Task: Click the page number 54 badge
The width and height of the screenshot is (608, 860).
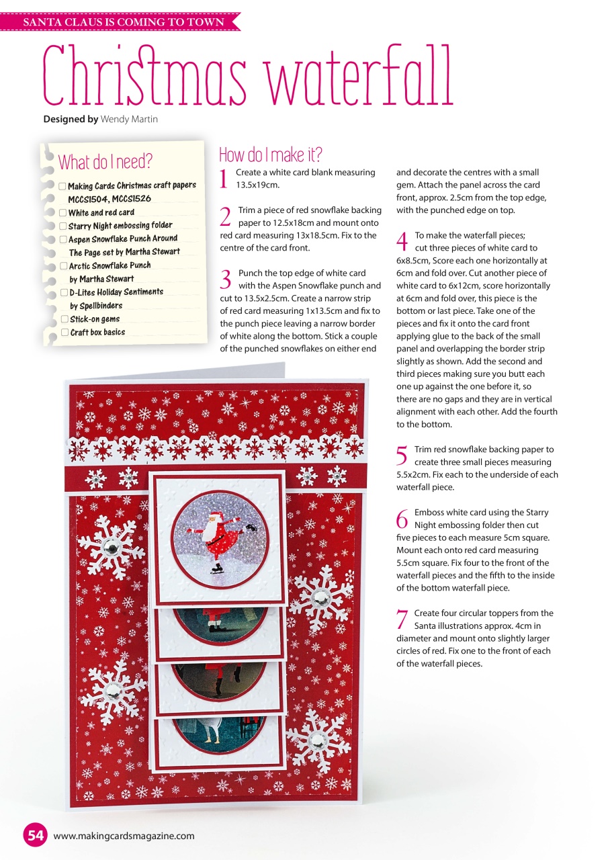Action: (36, 835)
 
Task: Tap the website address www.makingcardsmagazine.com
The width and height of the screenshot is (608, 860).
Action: (124, 836)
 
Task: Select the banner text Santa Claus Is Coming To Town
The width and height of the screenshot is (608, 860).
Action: (124, 22)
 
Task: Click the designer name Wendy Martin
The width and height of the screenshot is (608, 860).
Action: (129, 119)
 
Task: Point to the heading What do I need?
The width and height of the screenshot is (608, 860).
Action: (105, 162)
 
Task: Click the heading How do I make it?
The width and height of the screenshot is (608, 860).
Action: (270, 155)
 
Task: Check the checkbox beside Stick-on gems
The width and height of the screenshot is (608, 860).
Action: (64, 319)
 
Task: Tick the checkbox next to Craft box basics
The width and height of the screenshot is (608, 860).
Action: (64, 333)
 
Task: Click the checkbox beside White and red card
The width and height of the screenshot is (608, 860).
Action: (62, 213)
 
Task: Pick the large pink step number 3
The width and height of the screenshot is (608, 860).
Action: (226, 279)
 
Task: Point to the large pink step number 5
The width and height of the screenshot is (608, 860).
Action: (402, 456)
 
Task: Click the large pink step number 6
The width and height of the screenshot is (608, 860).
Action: (402, 519)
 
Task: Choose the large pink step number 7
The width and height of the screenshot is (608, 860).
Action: (402, 619)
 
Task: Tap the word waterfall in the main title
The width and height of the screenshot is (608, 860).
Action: (360, 79)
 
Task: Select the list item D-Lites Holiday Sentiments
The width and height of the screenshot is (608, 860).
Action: (116, 292)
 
